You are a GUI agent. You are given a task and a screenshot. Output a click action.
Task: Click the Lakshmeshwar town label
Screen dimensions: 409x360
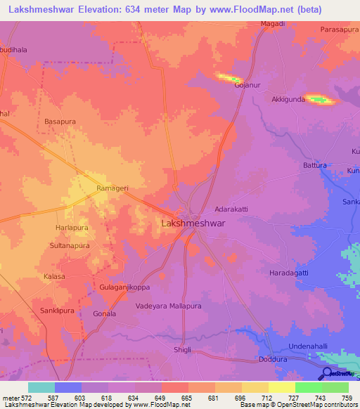pos(193,223)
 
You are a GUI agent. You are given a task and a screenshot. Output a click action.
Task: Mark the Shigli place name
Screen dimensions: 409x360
pos(183,349)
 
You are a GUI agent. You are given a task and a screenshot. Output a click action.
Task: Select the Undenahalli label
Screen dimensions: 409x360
pos(314,347)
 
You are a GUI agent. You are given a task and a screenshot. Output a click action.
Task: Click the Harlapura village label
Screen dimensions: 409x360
pos(73,228)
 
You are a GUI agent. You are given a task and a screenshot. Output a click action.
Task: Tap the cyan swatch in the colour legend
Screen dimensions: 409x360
pos(41,387)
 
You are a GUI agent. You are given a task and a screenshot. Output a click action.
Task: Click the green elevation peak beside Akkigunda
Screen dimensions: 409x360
pos(321,100)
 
